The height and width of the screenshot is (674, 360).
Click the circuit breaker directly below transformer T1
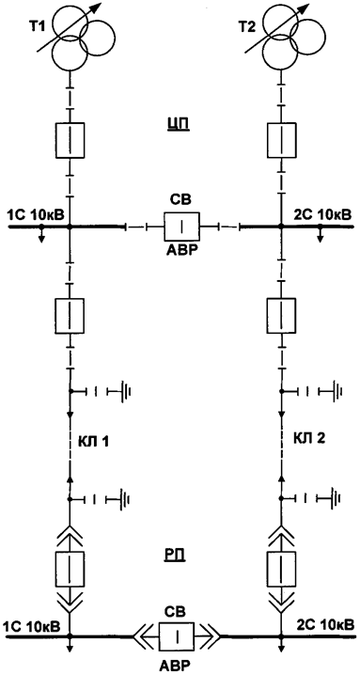[70, 139]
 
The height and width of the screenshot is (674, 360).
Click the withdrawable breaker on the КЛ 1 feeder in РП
[70, 567]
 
